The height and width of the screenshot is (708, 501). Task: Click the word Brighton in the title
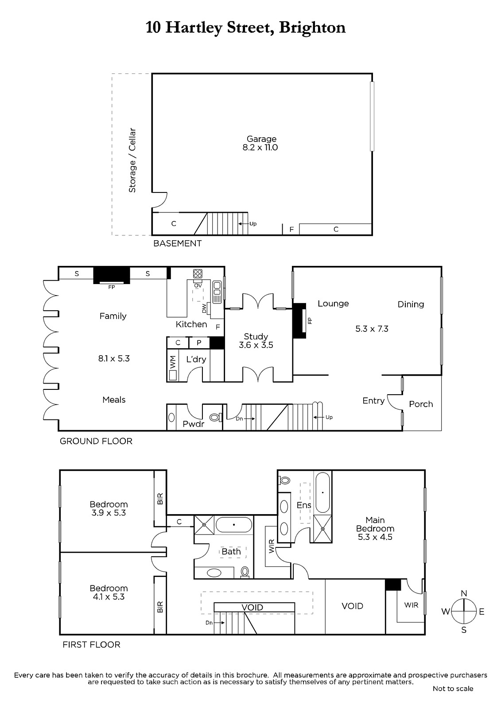[x=312, y=28]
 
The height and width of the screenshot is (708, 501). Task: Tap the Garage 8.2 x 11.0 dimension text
[x=260, y=148]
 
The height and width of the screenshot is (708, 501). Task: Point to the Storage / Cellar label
[x=132, y=160]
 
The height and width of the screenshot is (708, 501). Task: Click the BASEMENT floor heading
[x=177, y=243]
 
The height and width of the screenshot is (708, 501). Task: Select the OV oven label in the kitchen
[x=198, y=286]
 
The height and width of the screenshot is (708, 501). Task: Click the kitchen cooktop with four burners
[x=198, y=273]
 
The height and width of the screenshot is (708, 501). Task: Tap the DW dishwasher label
[x=204, y=308]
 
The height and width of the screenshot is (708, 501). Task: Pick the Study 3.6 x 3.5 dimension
[x=256, y=345]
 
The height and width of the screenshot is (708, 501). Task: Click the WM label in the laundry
[x=172, y=363]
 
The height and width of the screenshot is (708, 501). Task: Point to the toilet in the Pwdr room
[x=216, y=418]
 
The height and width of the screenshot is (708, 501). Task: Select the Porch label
[x=421, y=404]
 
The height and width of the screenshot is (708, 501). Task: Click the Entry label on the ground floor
[x=373, y=401]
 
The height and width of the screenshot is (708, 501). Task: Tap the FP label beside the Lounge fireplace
[x=310, y=321]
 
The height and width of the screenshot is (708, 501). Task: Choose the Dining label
[x=411, y=304]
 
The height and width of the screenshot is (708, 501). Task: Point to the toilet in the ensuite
[x=284, y=481]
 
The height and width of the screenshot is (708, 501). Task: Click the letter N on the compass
[x=464, y=593]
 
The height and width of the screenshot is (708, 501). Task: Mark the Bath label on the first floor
[x=231, y=551]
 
